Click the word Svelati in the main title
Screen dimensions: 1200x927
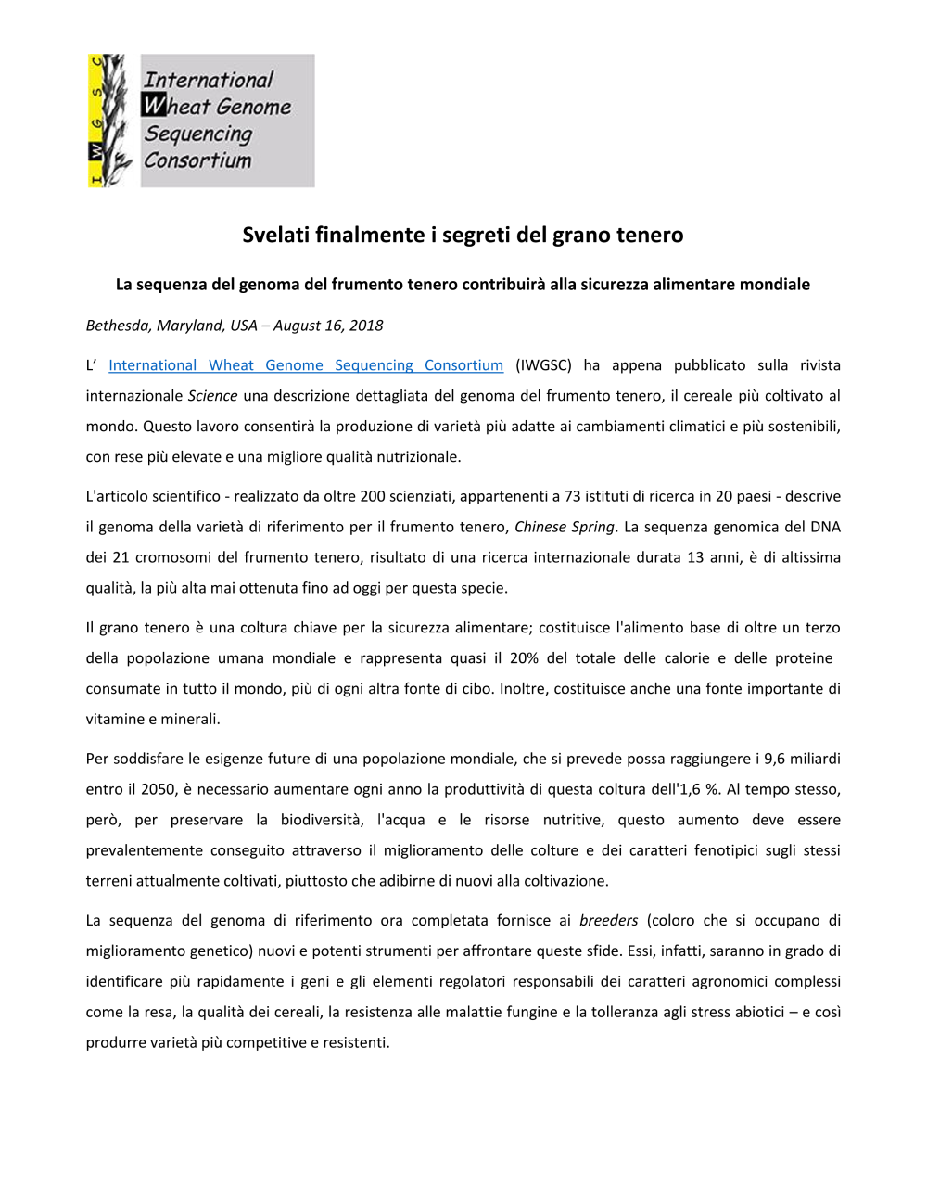[275, 235]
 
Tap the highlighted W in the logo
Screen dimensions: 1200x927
[154, 106]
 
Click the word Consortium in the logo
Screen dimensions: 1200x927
[197, 160]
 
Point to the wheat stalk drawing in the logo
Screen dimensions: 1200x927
[111, 121]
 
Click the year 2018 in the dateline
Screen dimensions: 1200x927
[366, 326]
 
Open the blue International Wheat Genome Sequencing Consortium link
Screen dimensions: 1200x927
[306, 365]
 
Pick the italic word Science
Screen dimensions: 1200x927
[212, 396]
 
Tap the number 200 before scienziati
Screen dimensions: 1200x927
[373, 496]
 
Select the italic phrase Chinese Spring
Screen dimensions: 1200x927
[564, 527]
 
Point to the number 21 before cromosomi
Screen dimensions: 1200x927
[121, 557]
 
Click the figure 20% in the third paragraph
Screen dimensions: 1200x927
[524, 657]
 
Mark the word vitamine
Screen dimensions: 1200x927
[115, 719]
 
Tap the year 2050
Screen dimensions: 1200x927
[159, 789]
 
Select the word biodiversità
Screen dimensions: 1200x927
[322, 820]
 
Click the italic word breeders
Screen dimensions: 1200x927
[608, 920]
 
